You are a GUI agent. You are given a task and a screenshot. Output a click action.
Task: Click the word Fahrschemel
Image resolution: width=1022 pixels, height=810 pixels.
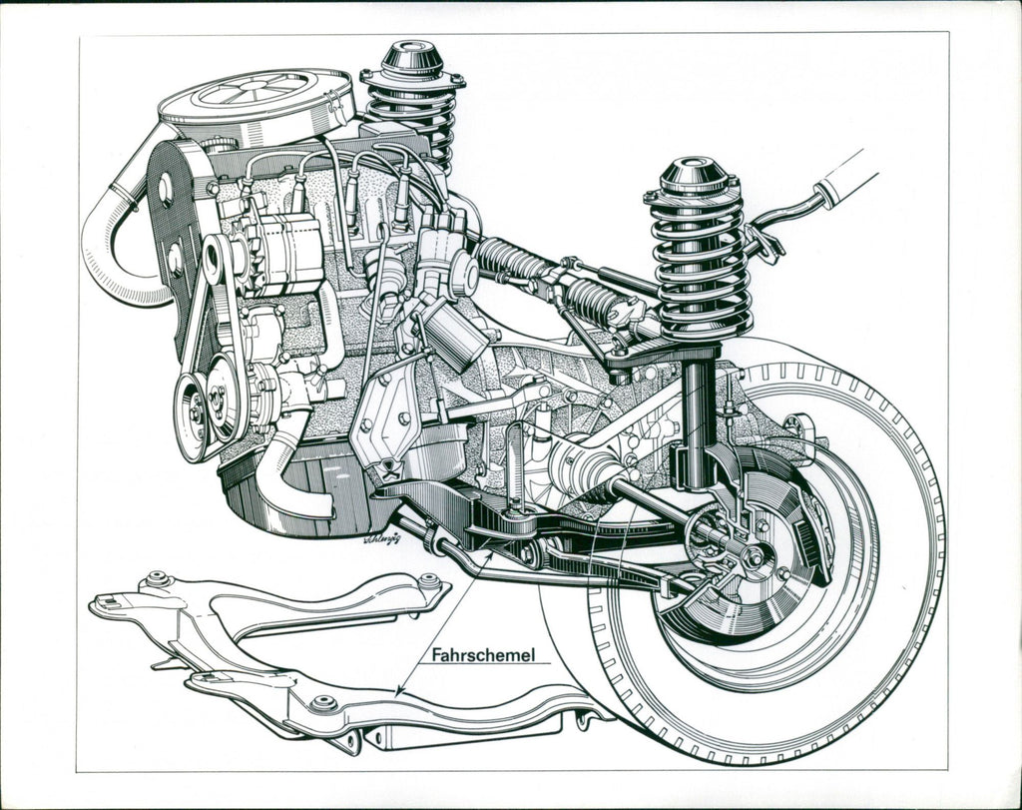pyautogui.click(x=484, y=656)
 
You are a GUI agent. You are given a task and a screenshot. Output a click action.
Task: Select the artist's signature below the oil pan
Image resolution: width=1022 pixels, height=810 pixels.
pyautogui.click(x=382, y=537)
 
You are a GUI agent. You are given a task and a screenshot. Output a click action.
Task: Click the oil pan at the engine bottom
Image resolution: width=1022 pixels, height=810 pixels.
pyautogui.click(x=299, y=499)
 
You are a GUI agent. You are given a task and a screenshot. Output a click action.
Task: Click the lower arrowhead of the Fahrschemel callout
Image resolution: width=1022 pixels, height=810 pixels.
pyautogui.click(x=400, y=692)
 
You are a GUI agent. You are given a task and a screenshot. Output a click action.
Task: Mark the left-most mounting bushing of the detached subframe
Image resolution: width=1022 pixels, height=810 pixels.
pyautogui.click(x=157, y=579)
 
